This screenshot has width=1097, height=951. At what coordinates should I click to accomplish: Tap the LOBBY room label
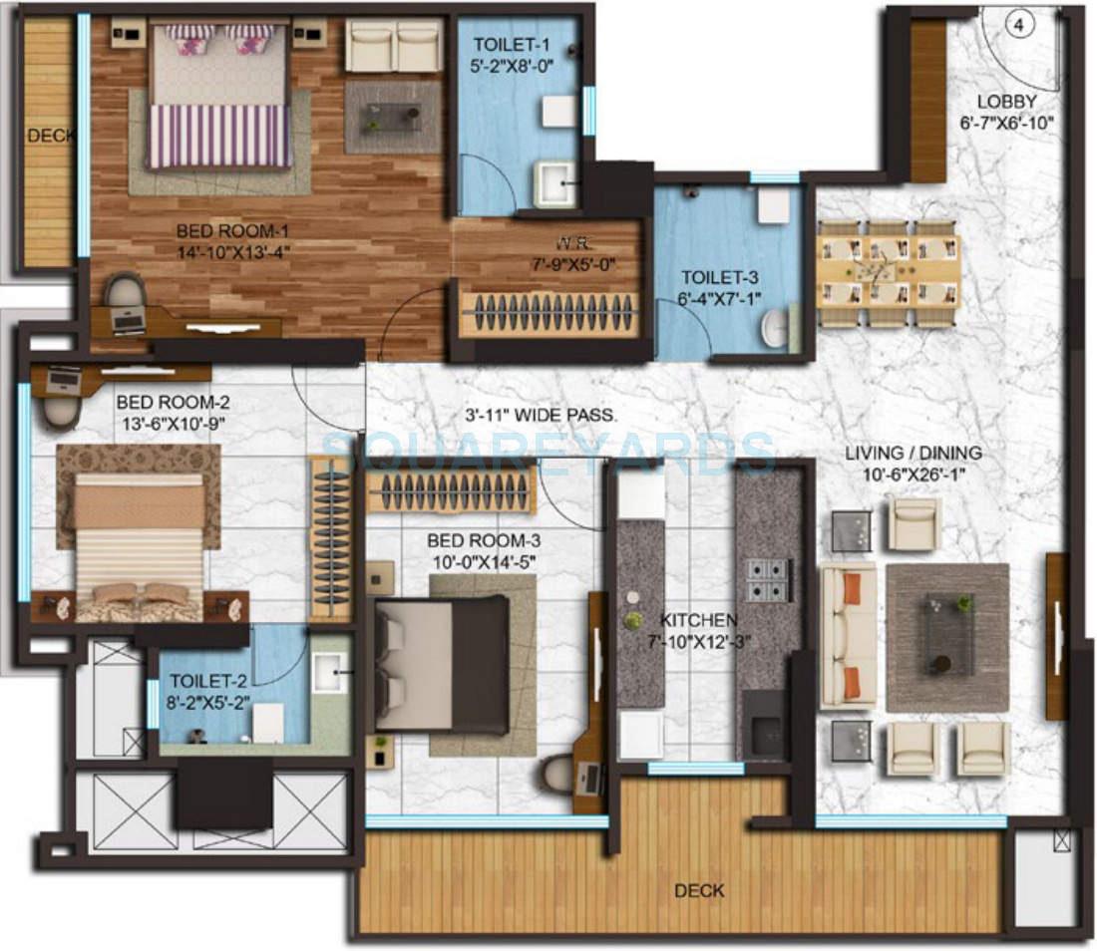click(1006, 101)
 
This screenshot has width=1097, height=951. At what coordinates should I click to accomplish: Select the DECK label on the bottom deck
click(699, 890)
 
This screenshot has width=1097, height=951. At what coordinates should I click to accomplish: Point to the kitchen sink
click(767, 733)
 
